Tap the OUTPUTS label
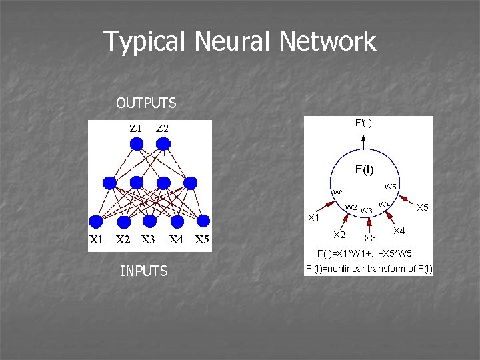tap(146, 103)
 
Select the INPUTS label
tap(143, 271)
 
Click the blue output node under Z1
tap(136, 143)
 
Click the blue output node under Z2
tap(163, 143)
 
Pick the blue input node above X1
tap(96, 221)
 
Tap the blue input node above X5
tap(203, 221)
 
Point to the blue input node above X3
tap(149, 221)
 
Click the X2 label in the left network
tap(123, 241)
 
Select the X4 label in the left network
tap(176, 241)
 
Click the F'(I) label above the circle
tap(363, 123)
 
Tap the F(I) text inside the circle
tap(364, 169)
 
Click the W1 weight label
tap(339, 193)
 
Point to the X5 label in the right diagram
tap(422, 207)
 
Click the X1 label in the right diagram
tap(313, 217)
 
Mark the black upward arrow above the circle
tap(363, 141)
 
